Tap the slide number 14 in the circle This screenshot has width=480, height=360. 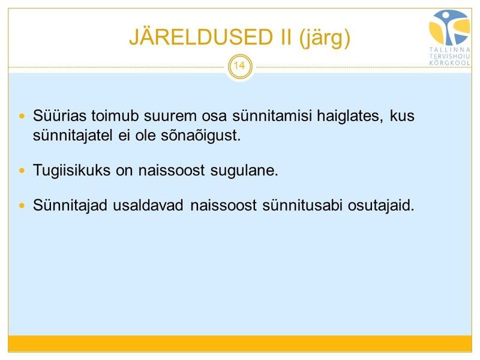(x=239, y=65)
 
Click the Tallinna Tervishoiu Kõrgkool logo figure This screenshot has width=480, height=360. (x=449, y=28)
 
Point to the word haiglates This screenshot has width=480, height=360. (x=350, y=116)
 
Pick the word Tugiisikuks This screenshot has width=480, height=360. (x=71, y=170)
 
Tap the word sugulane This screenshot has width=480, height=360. (x=244, y=170)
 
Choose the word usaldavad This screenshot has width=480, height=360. (x=148, y=205)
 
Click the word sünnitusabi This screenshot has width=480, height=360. (x=302, y=205)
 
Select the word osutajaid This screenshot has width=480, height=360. (x=381, y=205)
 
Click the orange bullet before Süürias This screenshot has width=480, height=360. (x=22, y=116)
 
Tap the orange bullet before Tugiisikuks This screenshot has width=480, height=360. (x=22, y=170)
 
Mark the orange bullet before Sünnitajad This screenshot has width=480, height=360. (x=22, y=205)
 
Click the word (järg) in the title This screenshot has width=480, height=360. (x=325, y=38)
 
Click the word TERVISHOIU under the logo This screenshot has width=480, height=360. (x=449, y=56)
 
